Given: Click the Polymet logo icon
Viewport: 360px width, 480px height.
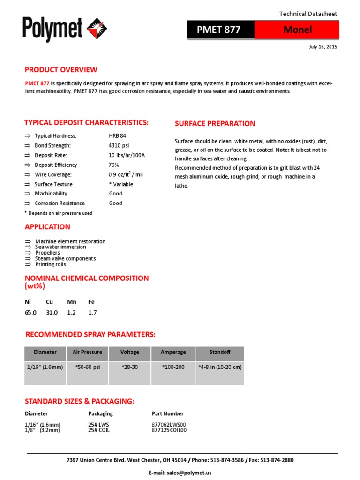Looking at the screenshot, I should (x=97, y=28).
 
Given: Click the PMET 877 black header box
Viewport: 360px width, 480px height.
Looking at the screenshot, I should (x=221, y=30).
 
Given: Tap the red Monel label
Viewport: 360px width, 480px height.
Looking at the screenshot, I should (x=297, y=30).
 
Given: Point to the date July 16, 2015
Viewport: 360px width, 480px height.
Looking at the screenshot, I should (x=322, y=47).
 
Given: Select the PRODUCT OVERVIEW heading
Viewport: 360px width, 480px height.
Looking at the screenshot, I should (x=61, y=70).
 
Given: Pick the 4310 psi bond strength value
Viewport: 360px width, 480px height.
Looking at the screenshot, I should (x=119, y=145).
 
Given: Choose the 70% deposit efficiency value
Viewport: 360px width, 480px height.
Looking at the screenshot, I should (x=114, y=165).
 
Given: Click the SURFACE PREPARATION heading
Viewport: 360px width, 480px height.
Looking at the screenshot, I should (x=215, y=124).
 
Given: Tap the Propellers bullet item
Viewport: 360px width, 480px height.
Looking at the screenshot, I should (x=47, y=253).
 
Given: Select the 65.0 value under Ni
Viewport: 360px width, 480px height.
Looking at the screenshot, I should (x=30, y=312).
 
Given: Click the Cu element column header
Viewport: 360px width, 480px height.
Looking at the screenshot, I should (x=49, y=302).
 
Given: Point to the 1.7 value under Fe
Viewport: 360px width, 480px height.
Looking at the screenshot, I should (x=92, y=312).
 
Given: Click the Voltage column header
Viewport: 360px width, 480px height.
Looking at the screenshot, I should (x=130, y=352).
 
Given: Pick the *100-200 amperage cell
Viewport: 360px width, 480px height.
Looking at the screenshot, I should (x=173, y=367).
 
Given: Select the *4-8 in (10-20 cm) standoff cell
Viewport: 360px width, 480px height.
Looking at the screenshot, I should (x=220, y=367).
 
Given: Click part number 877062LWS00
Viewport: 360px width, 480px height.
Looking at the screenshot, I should (x=169, y=425).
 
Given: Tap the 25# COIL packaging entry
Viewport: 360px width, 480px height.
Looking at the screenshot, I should (x=99, y=430).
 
